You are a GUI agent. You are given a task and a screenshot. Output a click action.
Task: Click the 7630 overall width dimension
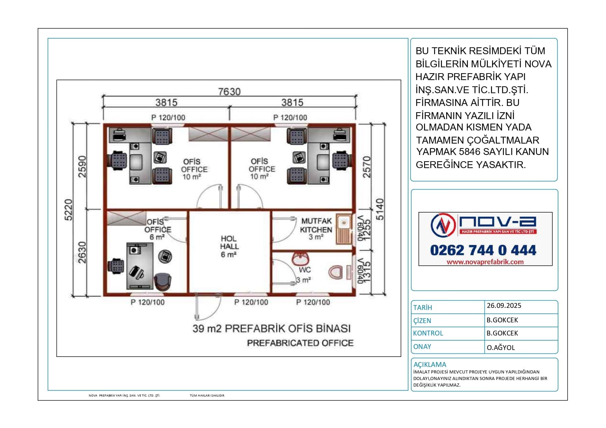[x=229, y=91]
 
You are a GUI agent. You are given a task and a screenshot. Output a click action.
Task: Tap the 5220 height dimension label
[x=69, y=210]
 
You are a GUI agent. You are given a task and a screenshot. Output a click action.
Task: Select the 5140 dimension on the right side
[x=380, y=209]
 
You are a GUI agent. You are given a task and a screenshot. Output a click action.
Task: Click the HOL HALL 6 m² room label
[x=229, y=246]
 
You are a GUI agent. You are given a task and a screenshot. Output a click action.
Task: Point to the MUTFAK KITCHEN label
[x=316, y=225]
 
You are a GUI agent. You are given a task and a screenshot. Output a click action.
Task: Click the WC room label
[x=305, y=270]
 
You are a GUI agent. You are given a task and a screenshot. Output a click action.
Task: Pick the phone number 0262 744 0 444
[x=483, y=250]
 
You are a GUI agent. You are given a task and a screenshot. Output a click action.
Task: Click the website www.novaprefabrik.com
[x=485, y=262]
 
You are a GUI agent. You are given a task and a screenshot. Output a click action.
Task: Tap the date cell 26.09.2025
[x=504, y=305]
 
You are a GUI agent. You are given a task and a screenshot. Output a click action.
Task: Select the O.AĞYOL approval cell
[x=501, y=348]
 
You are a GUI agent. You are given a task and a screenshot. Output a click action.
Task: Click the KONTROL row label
[x=428, y=333]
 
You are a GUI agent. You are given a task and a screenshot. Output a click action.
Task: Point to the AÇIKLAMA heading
[x=430, y=364]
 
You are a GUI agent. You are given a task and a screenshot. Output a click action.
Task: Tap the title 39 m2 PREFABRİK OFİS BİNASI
[x=271, y=328]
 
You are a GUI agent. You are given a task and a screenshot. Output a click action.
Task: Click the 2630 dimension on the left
[x=82, y=253]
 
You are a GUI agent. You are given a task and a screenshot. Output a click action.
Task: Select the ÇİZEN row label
[x=422, y=320]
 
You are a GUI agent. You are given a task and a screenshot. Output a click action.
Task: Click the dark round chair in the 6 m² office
[x=162, y=281]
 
